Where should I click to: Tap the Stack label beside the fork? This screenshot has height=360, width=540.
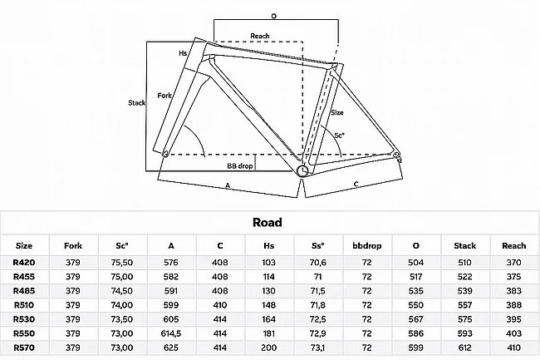(137, 102)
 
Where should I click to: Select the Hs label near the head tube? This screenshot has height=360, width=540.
(183, 53)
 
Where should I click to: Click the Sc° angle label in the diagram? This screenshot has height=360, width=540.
(340, 133)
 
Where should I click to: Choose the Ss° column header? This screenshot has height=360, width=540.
(316, 245)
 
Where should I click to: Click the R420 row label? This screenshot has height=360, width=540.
(24, 262)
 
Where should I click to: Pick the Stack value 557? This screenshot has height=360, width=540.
(464, 303)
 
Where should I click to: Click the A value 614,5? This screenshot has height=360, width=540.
(171, 331)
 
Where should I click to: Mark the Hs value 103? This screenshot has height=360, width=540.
(268, 262)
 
